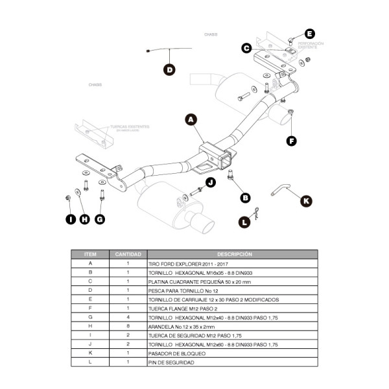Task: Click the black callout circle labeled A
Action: coord(191,120)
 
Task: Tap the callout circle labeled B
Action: coord(245,198)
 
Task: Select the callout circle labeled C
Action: coord(246,47)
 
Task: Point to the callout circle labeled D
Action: coord(169,70)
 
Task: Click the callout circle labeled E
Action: coord(309,34)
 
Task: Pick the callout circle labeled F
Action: coord(292,140)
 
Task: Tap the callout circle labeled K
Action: coord(306,201)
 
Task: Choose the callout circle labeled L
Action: coord(244,222)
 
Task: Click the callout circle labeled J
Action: coord(210,183)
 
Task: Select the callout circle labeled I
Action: coord(70,218)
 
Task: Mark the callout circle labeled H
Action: coord(84,218)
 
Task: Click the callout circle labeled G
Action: coord(100,218)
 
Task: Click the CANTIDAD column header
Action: coord(128,255)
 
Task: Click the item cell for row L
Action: coord(90,362)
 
